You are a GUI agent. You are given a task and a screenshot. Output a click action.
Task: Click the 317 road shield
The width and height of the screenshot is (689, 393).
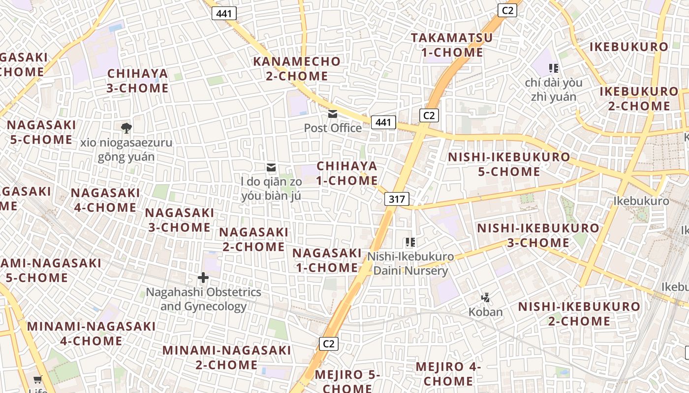[396, 199]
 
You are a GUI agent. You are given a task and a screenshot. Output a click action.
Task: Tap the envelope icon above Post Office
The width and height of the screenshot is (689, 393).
[333, 114]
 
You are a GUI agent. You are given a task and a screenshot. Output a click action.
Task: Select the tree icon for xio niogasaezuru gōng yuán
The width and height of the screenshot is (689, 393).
[126, 128]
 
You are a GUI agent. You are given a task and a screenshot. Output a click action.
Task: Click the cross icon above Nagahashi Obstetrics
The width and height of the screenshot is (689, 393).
[203, 278]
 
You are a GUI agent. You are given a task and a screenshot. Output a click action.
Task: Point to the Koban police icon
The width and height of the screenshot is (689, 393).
[486, 297]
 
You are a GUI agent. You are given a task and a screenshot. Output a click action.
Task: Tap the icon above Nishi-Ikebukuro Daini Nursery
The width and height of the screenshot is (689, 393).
[410, 242]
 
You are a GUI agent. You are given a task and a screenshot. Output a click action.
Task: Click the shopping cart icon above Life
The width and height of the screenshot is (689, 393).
[37, 379]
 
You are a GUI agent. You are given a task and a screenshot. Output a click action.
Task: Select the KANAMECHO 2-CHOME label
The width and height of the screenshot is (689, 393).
[297, 69]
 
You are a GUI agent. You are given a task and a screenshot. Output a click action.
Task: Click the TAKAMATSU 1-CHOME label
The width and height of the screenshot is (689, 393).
[452, 45]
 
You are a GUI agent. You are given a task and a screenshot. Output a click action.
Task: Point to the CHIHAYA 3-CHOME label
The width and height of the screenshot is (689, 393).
[138, 81]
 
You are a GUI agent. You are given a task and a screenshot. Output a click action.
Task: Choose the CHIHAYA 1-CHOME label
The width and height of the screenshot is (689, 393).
[347, 173]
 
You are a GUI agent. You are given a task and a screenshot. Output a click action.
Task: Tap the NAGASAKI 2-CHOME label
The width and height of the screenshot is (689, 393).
[254, 239]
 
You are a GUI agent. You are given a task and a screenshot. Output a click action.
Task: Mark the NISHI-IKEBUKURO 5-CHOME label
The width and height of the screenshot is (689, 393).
[509, 165]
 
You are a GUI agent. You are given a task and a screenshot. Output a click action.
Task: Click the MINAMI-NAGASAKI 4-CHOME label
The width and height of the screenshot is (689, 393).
[92, 334]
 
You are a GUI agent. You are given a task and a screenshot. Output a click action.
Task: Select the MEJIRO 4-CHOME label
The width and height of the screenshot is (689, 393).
[448, 374]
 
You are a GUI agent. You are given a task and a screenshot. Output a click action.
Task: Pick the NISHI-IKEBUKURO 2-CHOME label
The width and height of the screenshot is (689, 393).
[579, 314]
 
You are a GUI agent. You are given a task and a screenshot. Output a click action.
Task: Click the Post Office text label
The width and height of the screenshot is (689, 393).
[333, 128]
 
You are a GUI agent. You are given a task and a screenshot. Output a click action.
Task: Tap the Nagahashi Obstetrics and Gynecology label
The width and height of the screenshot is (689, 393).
[203, 299]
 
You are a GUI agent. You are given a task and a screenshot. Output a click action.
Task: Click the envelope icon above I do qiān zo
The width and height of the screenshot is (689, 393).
[270, 168]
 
